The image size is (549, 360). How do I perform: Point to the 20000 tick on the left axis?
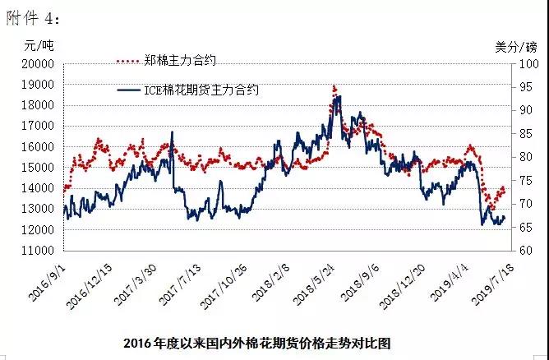tap(37, 63)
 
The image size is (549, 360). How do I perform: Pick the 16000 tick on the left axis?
tap(37, 146)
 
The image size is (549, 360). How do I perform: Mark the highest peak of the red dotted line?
tap(334, 85)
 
